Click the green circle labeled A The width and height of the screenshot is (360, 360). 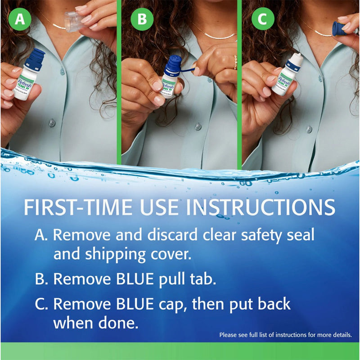[x=19, y=19]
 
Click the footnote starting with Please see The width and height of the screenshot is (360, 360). [x=285, y=335]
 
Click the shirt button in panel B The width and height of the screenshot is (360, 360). [x=198, y=126]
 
